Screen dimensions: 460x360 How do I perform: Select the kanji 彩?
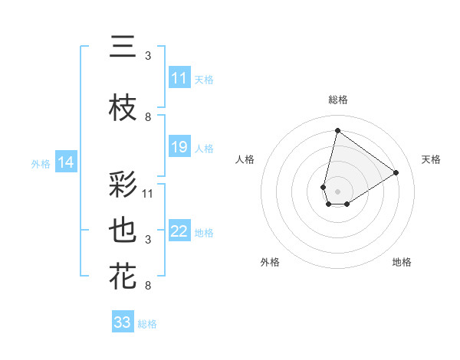click(x=123, y=186)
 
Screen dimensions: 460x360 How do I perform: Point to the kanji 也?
click(x=123, y=231)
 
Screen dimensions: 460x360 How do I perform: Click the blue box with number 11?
click(x=179, y=78)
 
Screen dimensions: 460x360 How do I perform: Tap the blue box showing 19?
click(x=179, y=147)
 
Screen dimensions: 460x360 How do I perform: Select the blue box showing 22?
click(x=179, y=231)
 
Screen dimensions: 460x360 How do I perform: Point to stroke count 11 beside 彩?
click(x=148, y=193)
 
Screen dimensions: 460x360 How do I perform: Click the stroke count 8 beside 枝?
click(x=148, y=117)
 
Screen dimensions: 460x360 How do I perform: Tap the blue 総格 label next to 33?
click(x=147, y=323)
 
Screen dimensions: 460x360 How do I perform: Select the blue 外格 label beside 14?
click(x=41, y=163)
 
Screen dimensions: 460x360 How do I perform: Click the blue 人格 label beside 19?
click(x=204, y=148)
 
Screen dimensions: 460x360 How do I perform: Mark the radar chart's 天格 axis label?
click(x=431, y=159)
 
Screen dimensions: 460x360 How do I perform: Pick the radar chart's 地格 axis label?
click(x=402, y=262)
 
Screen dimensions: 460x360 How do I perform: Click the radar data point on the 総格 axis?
click(x=337, y=130)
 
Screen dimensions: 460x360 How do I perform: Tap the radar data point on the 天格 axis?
click(x=396, y=172)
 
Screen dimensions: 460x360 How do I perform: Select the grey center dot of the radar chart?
click(x=337, y=191)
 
